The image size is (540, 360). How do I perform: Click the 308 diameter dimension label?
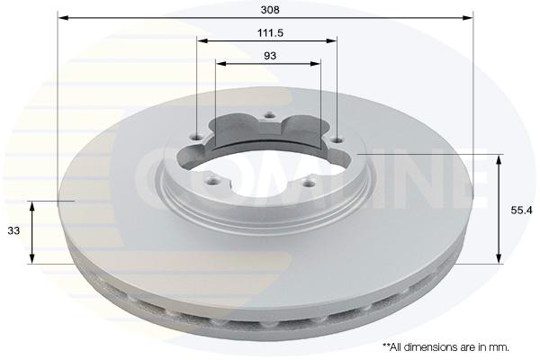pyautogui.click(x=270, y=10)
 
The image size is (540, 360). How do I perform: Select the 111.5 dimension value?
pyautogui.click(x=270, y=33)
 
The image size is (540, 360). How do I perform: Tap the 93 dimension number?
pyautogui.click(x=270, y=56)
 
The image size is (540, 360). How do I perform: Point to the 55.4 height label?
pyautogui.click(x=521, y=210)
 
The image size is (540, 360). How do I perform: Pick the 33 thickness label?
pyautogui.click(x=13, y=230)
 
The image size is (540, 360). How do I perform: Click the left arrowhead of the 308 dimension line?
pyautogui.click(x=63, y=18)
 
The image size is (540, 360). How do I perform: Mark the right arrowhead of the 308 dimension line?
pyautogui.click(x=468, y=18)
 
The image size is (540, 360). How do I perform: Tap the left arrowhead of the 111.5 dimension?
pyautogui.click(x=202, y=40)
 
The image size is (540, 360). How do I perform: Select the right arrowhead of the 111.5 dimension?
pyautogui.click(x=331, y=40)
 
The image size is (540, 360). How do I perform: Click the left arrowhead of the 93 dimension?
pyautogui.click(x=221, y=63)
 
